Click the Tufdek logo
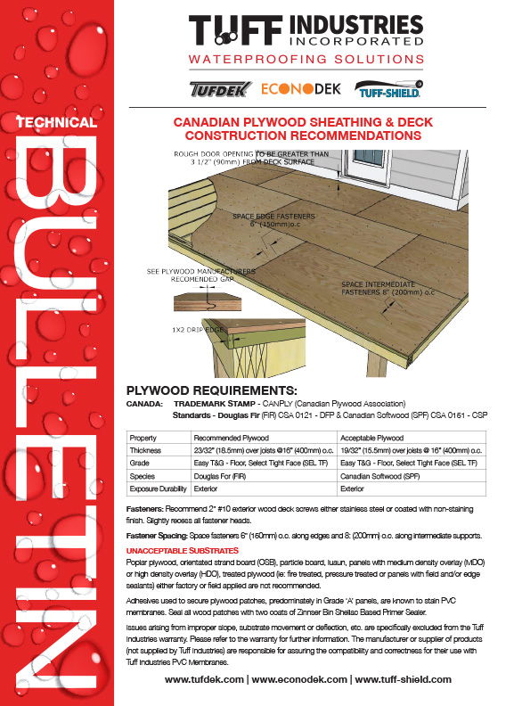219,90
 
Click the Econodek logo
300,90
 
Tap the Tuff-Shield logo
387,90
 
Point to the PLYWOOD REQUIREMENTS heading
211,390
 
